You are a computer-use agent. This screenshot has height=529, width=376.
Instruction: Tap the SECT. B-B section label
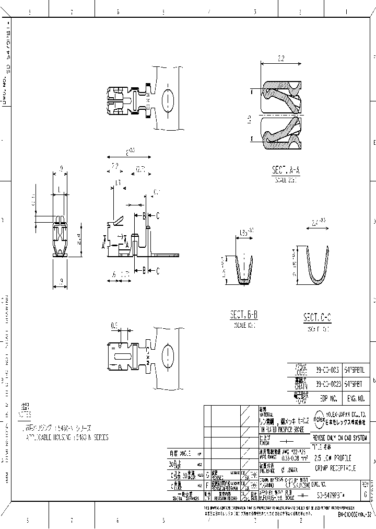244,315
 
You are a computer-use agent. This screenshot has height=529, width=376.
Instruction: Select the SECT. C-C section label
318,318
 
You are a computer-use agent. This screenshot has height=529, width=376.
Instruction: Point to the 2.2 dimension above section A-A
280,59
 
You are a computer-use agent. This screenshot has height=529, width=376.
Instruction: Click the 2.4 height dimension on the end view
78,239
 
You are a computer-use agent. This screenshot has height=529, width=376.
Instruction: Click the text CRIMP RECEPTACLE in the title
335,453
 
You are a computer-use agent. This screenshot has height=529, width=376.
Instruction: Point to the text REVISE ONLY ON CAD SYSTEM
339,423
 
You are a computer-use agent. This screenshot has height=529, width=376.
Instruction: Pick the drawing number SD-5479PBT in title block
335,494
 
